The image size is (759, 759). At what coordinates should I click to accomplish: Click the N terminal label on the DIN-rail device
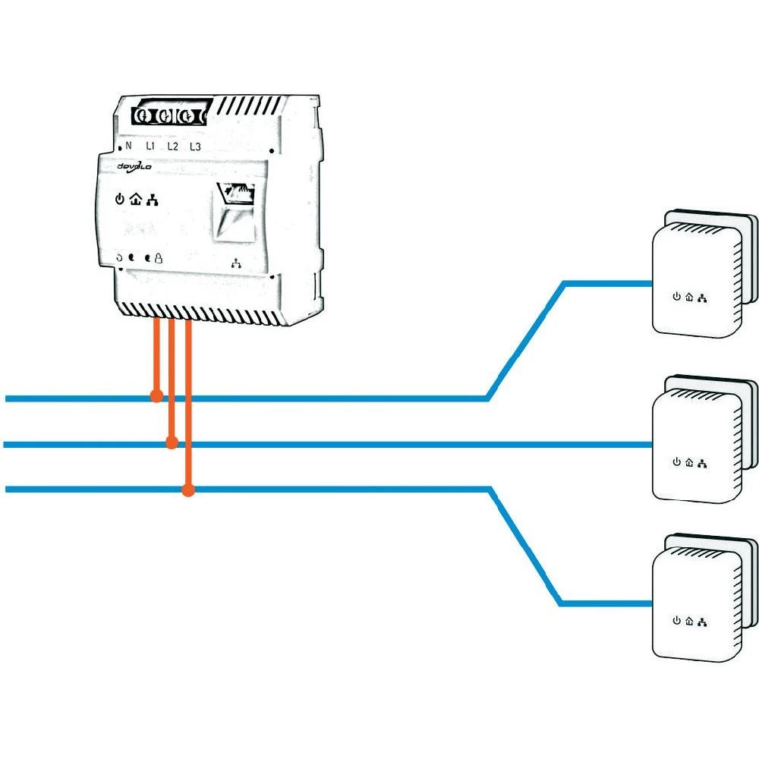pos(128,146)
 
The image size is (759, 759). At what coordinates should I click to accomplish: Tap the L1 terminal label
pos(150,146)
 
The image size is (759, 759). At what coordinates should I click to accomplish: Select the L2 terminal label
pos(172,146)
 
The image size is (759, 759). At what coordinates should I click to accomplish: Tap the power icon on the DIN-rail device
pos(119,200)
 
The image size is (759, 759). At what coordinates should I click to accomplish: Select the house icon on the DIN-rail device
pos(135,200)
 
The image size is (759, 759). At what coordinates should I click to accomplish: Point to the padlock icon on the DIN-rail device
pos(159,258)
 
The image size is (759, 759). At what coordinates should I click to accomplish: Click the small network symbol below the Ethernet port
pos(237,264)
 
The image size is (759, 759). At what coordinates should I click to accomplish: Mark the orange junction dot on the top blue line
pos(156,396)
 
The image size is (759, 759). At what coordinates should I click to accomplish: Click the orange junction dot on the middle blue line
pos(172,442)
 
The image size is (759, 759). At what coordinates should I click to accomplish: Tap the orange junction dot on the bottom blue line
pos(188,491)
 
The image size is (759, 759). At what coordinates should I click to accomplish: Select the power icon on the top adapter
pos(676,297)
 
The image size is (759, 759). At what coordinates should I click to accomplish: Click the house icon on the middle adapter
pos(689,461)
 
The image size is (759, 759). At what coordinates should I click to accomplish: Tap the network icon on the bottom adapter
pos(702,622)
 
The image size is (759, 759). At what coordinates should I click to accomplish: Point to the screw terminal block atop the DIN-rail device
pos(168,116)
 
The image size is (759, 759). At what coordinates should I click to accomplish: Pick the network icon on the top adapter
pos(702,297)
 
